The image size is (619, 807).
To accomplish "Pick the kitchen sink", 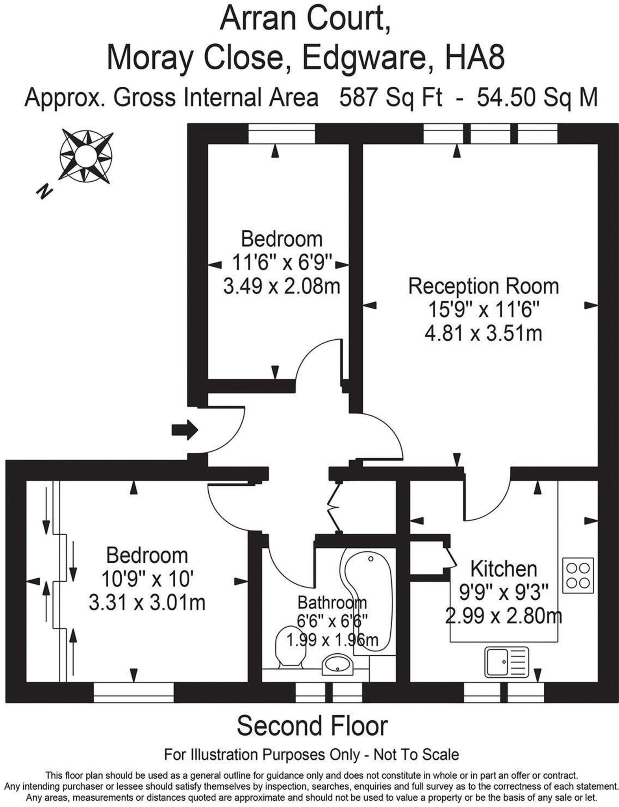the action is point(507,662).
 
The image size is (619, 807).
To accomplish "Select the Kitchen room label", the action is point(504,569).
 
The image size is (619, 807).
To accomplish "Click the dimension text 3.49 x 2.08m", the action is point(282,286).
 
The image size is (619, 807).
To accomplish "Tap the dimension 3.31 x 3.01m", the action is point(147,602).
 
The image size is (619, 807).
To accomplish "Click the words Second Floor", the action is point(312,726).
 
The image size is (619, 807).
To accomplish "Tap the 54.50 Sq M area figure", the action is point(537,97).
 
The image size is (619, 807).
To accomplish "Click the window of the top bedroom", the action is point(282,134).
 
